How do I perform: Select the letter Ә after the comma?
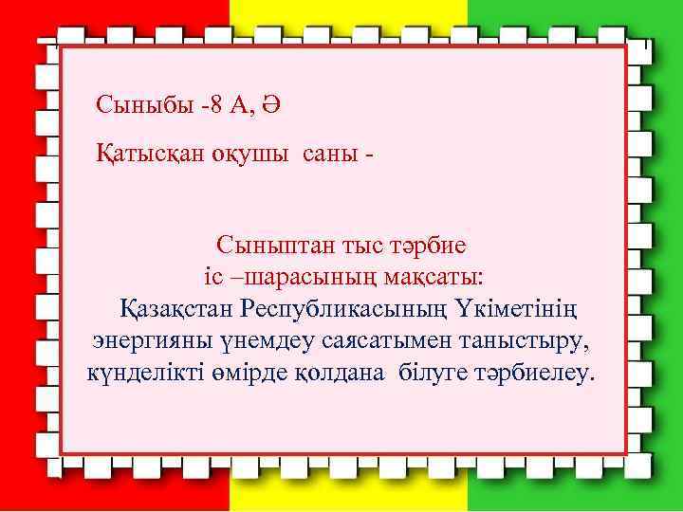click(x=269, y=104)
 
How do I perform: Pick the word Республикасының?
click(x=348, y=308)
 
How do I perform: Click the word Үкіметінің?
click(x=519, y=308)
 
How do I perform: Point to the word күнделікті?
click(x=144, y=371)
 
